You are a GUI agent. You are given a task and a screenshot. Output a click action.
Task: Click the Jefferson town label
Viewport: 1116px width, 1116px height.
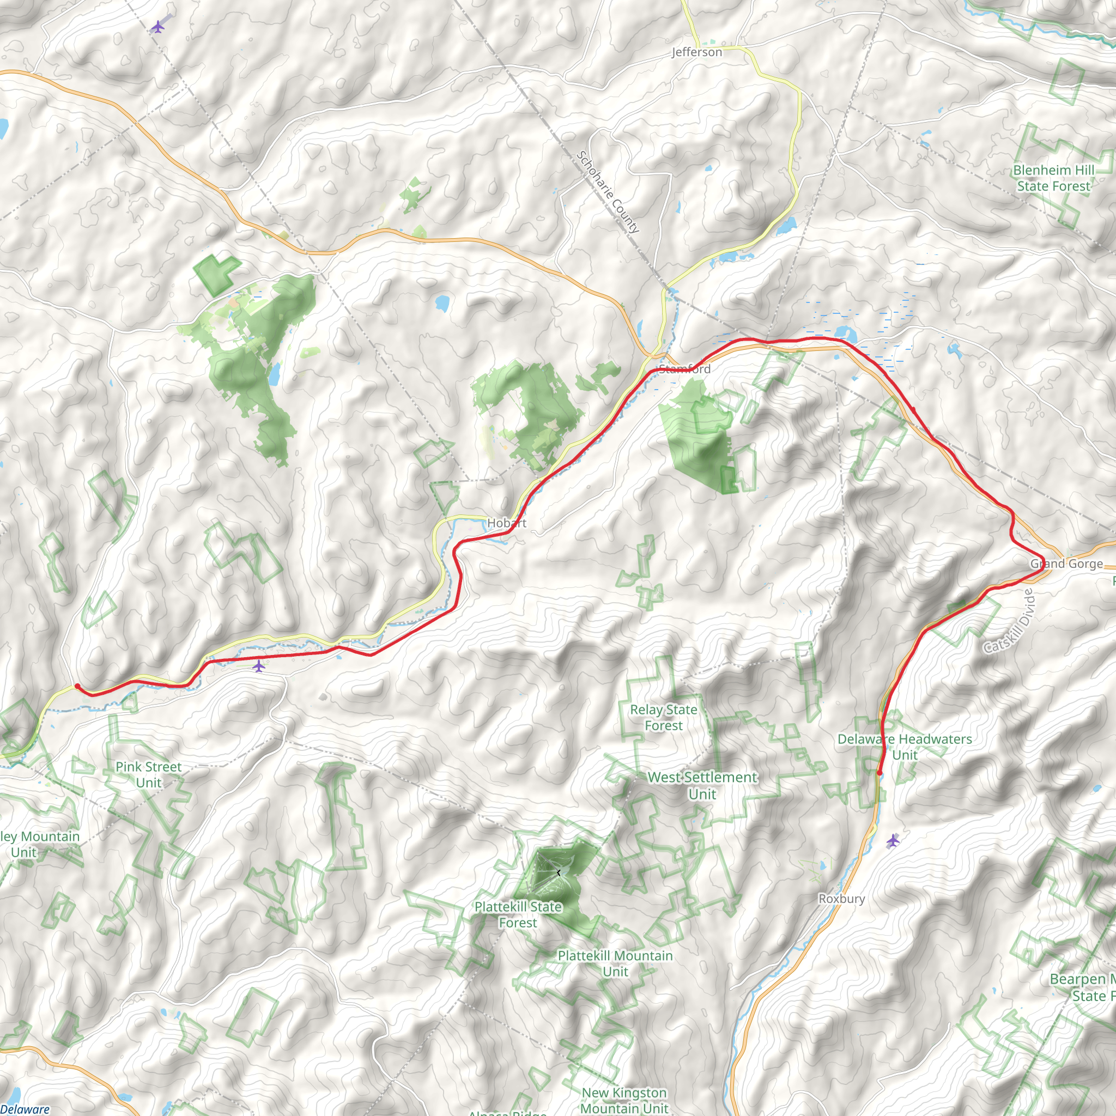[x=696, y=52]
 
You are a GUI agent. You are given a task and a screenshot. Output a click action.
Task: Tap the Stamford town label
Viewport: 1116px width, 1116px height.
[x=684, y=369]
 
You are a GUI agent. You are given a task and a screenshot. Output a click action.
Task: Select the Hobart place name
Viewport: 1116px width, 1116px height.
[x=507, y=523]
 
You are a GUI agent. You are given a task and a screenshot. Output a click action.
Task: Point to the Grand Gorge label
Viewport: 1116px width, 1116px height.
[x=1066, y=564]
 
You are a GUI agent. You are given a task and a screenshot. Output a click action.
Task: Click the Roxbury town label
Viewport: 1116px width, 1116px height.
[x=841, y=899]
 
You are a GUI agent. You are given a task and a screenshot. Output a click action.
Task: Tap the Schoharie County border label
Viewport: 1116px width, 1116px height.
[x=608, y=192]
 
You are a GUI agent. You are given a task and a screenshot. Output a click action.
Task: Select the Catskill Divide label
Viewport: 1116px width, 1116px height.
[x=1008, y=622]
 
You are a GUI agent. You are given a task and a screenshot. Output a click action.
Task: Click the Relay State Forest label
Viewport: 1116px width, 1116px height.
[x=664, y=718]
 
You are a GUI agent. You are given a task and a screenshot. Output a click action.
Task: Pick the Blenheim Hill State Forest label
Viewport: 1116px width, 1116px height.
[x=1054, y=178]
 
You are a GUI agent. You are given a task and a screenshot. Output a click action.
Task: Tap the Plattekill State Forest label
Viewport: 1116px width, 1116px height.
[x=518, y=914]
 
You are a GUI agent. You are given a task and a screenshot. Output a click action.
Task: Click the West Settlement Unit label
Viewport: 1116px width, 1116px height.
[x=702, y=786]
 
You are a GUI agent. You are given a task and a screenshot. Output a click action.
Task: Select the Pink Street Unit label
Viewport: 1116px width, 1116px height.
[x=148, y=775]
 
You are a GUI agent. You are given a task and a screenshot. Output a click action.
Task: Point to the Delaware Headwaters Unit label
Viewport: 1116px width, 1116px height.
[x=905, y=747]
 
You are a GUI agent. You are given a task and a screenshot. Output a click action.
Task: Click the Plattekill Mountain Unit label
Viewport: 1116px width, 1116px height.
[x=615, y=963]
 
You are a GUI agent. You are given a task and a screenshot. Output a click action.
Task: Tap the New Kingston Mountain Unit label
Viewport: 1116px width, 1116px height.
[x=624, y=1100]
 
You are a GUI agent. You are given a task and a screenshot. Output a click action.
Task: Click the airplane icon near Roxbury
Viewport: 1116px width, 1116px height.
[x=893, y=840]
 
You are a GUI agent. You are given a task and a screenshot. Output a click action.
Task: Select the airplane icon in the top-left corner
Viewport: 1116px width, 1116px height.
[x=157, y=27]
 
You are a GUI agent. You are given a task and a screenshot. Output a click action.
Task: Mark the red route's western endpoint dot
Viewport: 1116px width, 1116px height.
[x=77, y=686]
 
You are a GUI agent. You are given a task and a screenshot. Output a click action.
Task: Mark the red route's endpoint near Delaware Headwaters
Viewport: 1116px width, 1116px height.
[x=879, y=773]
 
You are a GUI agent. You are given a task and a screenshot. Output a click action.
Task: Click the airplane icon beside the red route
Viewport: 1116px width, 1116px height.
[x=258, y=666]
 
